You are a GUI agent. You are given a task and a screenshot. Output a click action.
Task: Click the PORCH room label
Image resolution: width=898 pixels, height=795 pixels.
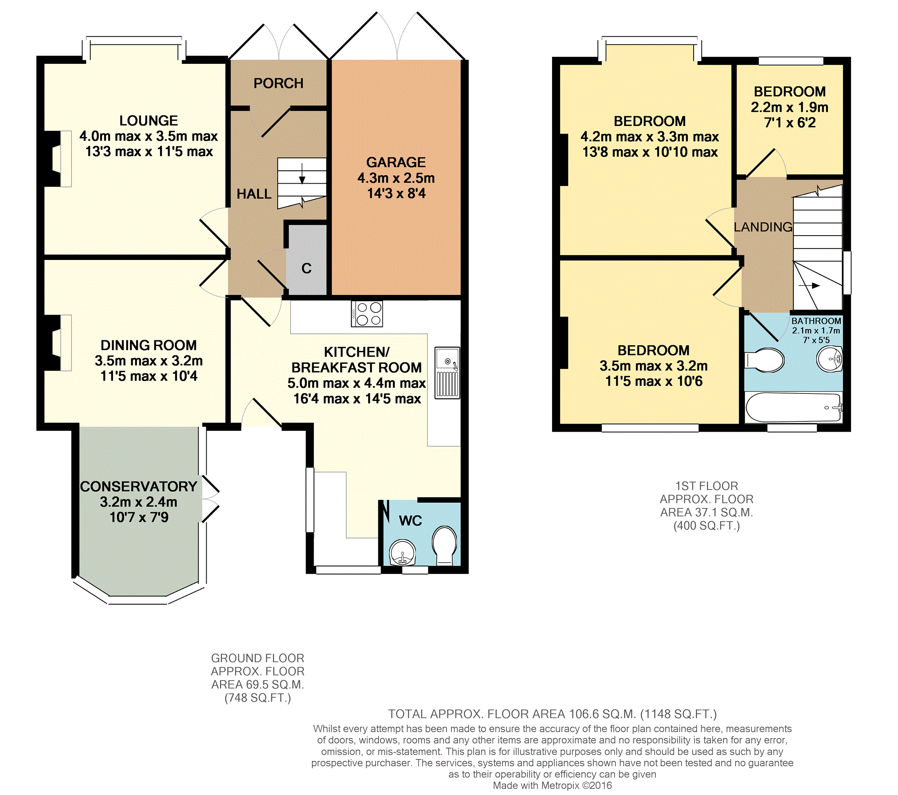[x=278, y=83]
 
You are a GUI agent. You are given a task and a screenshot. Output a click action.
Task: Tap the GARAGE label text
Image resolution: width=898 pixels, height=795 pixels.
[x=396, y=162]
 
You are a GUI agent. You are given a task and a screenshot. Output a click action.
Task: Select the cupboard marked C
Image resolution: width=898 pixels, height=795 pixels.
[x=306, y=260]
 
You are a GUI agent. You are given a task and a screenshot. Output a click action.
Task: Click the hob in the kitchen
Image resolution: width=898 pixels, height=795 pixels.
[x=367, y=314]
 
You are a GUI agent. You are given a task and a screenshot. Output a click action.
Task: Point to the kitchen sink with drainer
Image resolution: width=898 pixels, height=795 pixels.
[x=447, y=373]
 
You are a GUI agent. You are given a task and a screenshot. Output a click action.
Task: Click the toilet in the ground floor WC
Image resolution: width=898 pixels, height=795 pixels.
[x=444, y=545]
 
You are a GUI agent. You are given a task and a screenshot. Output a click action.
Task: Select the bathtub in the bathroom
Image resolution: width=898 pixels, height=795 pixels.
[x=793, y=407]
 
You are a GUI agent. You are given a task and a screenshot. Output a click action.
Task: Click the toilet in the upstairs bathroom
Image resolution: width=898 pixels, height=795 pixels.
[x=764, y=360]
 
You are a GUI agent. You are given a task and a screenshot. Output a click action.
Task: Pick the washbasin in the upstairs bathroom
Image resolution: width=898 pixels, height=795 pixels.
[x=829, y=358]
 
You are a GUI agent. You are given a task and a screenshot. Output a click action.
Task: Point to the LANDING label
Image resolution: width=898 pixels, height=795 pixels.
[x=763, y=227]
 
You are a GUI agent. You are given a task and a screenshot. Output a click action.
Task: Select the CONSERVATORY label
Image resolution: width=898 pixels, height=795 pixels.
[x=138, y=487]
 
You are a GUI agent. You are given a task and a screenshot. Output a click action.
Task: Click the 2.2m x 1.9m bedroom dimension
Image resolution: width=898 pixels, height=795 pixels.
[x=790, y=107]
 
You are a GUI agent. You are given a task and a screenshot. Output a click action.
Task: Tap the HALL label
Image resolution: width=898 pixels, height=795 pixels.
[x=254, y=194]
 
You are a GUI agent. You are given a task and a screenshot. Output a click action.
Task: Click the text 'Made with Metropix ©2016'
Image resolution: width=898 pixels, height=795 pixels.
[x=552, y=785]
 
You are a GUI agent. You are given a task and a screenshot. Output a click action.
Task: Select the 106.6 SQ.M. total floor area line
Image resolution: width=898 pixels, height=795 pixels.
[x=552, y=714]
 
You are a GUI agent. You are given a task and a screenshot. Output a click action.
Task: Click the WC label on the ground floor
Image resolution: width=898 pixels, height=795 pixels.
[x=410, y=521]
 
